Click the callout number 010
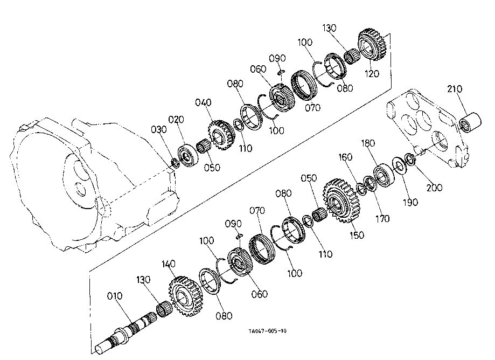click(115, 296)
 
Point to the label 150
click(357, 235)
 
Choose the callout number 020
click(176, 119)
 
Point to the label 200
click(434, 188)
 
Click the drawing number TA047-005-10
click(268, 332)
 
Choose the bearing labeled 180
click(386, 175)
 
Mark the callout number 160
click(345, 158)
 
